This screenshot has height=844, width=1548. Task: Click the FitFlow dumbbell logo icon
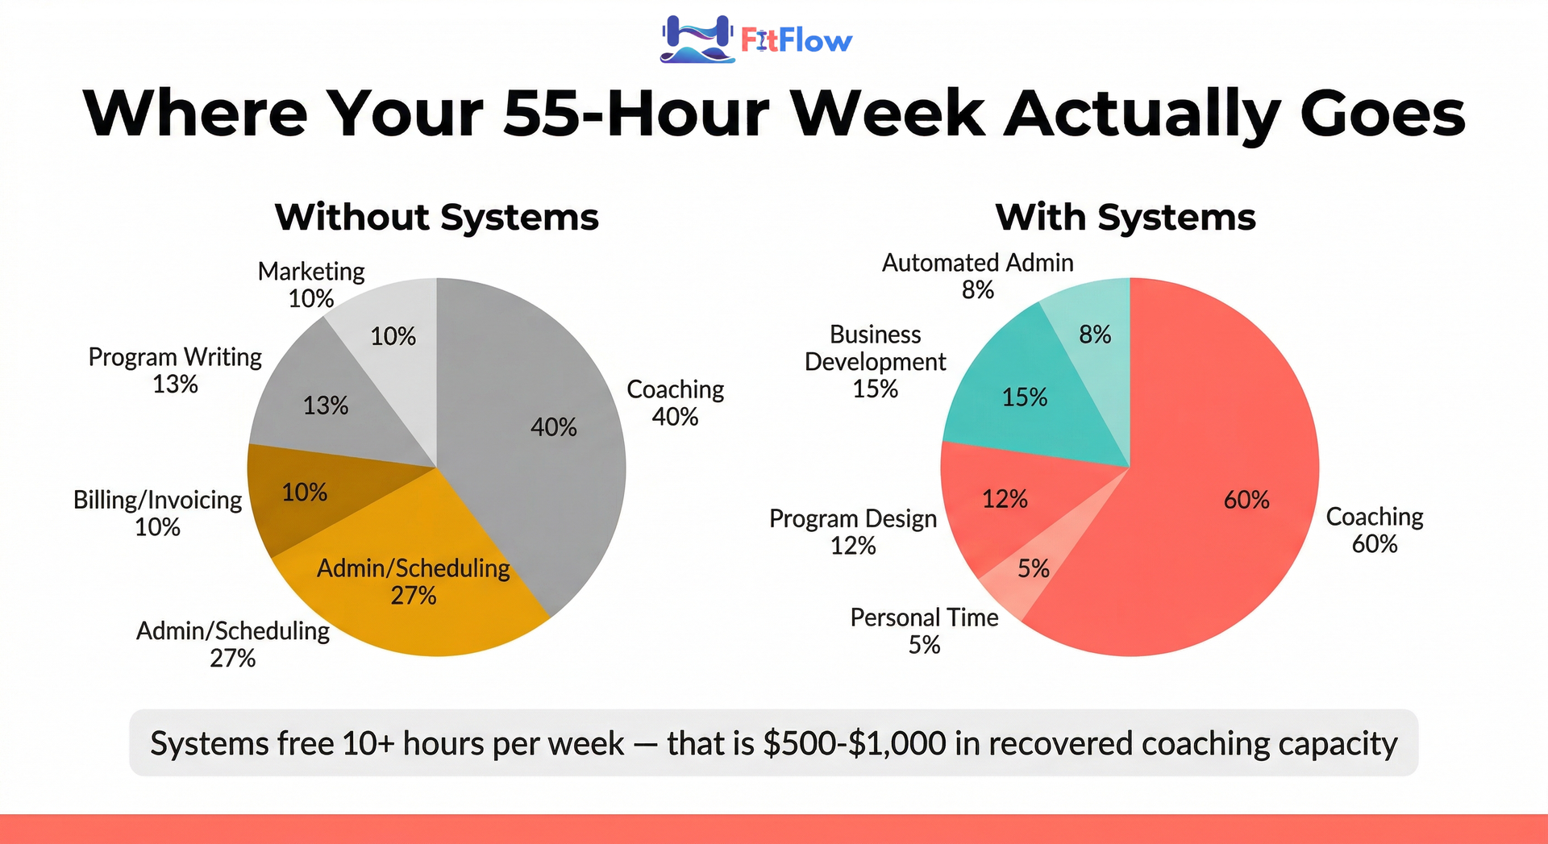click(x=697, y=39)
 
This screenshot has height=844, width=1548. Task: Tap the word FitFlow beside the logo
click(x=796, y=40)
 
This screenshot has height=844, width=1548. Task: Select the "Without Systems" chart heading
click(x=437, y=217)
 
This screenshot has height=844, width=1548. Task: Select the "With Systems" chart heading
click(x=1126, y=217)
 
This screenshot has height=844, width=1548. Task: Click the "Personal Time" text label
click(x=924, y=617)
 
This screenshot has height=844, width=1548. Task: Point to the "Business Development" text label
click(x=876, y=348)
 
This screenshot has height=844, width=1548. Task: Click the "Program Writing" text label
click(x=175, y=357)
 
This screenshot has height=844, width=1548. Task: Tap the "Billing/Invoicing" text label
click(x=157, y=501)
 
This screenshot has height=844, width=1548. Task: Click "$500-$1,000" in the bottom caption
click(x=855, y=743)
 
